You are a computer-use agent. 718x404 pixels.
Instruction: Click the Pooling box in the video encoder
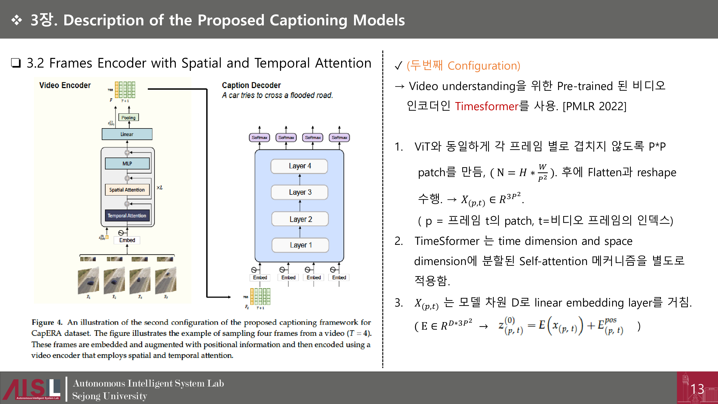[x=128, y=117]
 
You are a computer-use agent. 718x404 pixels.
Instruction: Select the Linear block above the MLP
[x=127, y=134]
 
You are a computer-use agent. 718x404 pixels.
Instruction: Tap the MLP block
[x=127, y=163]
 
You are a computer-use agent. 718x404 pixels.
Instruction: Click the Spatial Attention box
[x=127, y=190]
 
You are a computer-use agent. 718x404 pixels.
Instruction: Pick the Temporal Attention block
[x=127, y=215]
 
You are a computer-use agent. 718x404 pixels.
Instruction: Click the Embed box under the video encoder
[x=127, y=240]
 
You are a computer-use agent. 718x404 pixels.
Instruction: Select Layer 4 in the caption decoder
[x=300, y=166]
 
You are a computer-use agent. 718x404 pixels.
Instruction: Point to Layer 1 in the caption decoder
[x=300, y=245]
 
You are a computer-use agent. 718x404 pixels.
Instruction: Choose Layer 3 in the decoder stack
[x=300, y=192]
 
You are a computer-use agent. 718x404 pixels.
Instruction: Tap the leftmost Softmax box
[x=259, y=137]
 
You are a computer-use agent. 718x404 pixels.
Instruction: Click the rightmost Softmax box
[x=339, y=137]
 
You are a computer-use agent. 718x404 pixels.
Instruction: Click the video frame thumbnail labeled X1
[x=89, y=280]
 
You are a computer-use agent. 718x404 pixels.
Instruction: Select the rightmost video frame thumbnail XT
[x=166, y=280]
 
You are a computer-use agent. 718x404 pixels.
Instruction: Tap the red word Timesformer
[x=486, y=106]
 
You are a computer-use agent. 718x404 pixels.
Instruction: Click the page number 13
[x=697, y=389]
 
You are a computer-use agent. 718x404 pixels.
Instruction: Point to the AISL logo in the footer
[x=31, y=389]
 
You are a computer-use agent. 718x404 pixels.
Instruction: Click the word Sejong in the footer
[x=86, y=396]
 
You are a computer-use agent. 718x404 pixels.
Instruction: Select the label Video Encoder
[x=65, y=85]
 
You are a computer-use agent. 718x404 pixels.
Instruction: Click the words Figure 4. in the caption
[x=47, y=322]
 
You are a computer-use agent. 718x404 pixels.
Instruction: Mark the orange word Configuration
[x=484, y=66]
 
